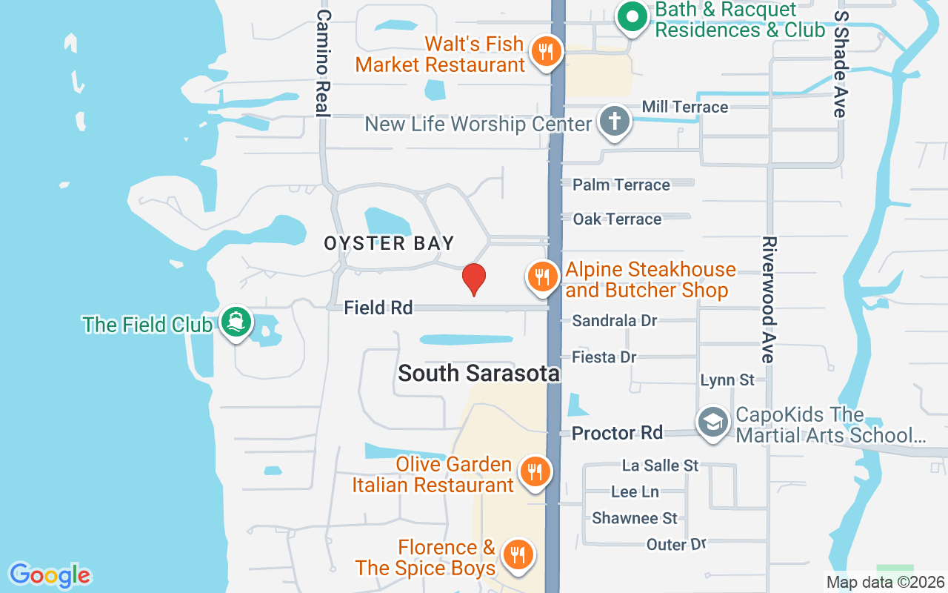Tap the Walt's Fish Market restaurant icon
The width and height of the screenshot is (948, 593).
(547, 52)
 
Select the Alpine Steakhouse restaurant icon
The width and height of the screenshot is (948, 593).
(543, 277)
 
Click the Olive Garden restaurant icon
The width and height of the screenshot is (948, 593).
(533, 471)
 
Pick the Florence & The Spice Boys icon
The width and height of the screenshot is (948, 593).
(518, 555)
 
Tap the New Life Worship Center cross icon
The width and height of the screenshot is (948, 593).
(614, 122)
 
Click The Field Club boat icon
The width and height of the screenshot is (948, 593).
(236, 322)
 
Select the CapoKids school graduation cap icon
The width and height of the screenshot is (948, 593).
(712, 423)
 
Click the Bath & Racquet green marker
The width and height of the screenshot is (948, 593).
(632, 18)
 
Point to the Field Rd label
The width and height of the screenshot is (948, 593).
(378, 308)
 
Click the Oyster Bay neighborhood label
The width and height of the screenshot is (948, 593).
(389, 243)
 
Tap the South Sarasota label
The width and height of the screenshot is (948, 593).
(478, 373)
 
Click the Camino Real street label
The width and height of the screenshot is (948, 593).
(322, 63)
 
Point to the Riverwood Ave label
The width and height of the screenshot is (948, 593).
(768, 299)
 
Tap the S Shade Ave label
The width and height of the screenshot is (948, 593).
(839, 64)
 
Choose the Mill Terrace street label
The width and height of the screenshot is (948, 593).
(685, 107)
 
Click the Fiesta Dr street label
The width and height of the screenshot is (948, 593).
(604, 357)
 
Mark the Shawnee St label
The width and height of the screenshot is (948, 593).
(635, 517)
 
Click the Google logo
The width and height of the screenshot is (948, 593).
(50, 575)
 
